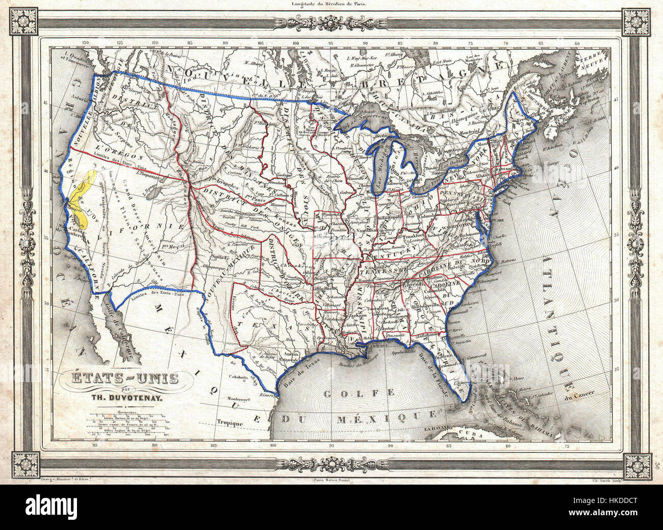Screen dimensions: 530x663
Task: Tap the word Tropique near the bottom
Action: pos(228,422)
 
